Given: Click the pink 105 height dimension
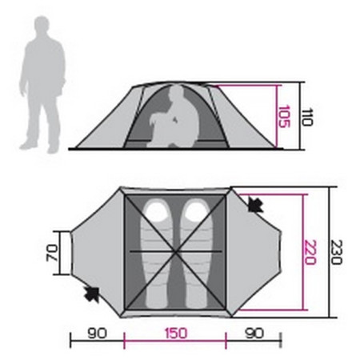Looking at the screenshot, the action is point(283,117).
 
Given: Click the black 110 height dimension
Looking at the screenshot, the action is point(306,117).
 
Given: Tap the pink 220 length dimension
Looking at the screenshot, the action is point(310,252).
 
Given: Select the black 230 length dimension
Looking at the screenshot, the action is point(336,252).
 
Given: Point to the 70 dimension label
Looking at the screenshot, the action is point(52,253).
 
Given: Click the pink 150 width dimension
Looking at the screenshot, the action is point(176,334).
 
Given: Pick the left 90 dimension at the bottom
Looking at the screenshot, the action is point(98,334).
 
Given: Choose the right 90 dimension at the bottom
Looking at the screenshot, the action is point(254,334).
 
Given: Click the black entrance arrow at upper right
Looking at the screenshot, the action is point(255,205).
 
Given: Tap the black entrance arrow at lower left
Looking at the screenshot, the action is point(92,294).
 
